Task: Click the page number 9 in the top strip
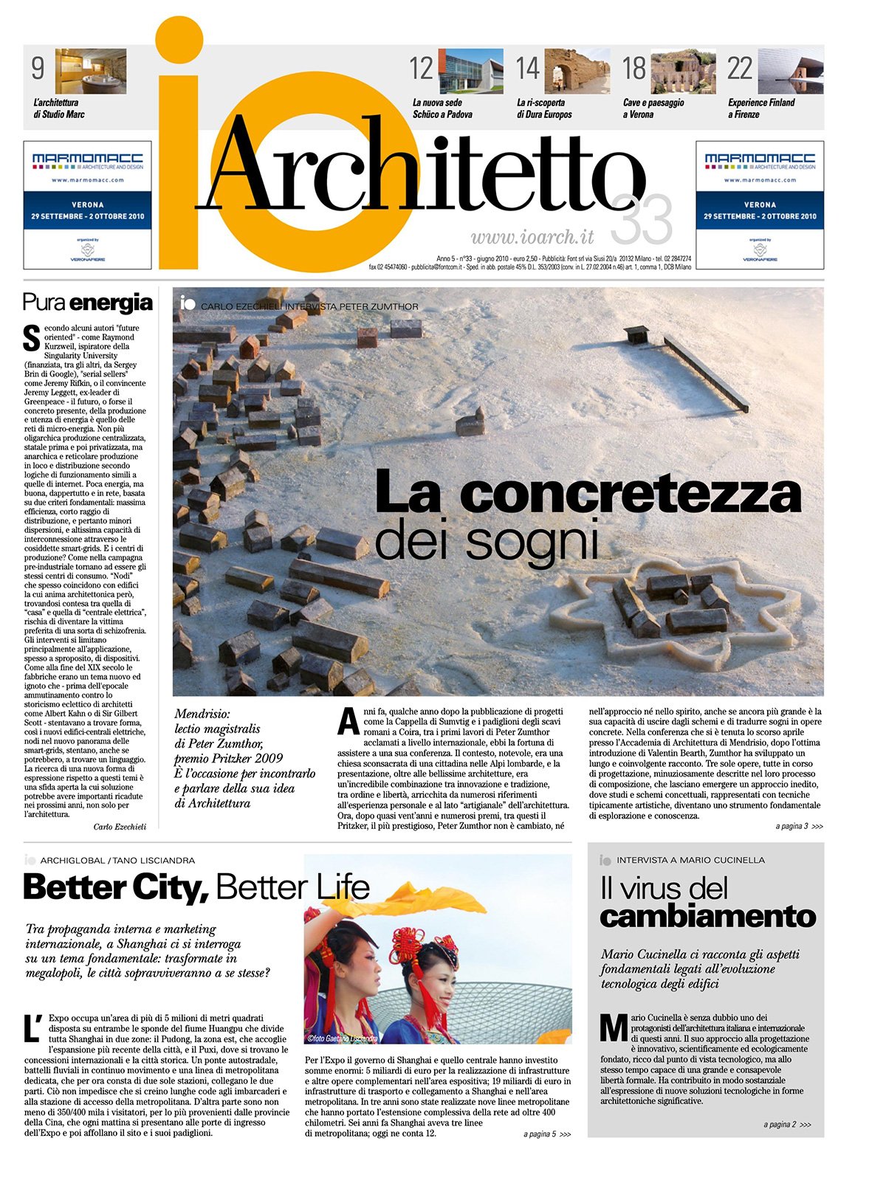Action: [x=38, y=69]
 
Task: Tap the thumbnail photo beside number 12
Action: [x=470, y=71]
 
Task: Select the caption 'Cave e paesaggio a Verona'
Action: [x=653, y=109]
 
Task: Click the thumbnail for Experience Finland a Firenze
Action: [x=791, y=71]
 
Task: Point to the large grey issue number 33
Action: [x=642, y=220]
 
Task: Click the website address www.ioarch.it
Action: [x=532, y=237]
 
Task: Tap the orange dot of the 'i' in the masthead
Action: [x=179, y=39]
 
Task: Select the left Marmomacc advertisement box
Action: [x=88, y=204]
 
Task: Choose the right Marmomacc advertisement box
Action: [x=760, y=204]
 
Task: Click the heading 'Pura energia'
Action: [x=88, y=303]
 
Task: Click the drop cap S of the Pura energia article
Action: [x=31, y=339]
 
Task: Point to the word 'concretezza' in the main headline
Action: [x=630, y=495]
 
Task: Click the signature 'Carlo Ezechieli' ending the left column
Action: [x=120, y=827]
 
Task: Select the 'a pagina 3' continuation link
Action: [x=798, y=827]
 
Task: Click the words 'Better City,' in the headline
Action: [x=116, y=887]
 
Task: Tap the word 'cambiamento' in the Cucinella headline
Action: [x=707, y=917]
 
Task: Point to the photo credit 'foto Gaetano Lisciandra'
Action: [x=343, y=1039]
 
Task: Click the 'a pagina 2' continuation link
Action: [x=786, y=1125]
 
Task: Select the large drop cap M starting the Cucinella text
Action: [x=614, y=1027]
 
